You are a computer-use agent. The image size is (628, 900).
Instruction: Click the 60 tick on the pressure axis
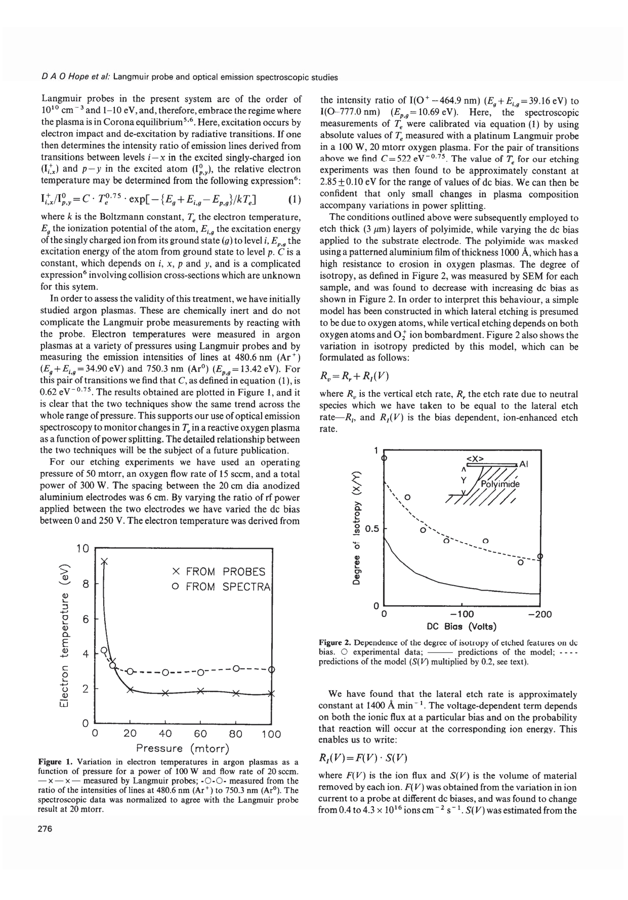[200, 734]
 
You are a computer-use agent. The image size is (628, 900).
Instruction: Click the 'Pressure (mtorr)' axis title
[183, 748]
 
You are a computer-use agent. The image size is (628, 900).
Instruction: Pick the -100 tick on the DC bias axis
[462, 615]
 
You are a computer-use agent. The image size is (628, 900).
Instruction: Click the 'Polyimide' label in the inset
[500, 484]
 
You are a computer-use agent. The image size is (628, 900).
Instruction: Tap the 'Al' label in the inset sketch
[524, 464]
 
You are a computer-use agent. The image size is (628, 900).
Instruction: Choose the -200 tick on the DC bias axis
[539, 615]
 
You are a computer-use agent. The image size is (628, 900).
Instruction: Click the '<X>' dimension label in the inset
[475, 459]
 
